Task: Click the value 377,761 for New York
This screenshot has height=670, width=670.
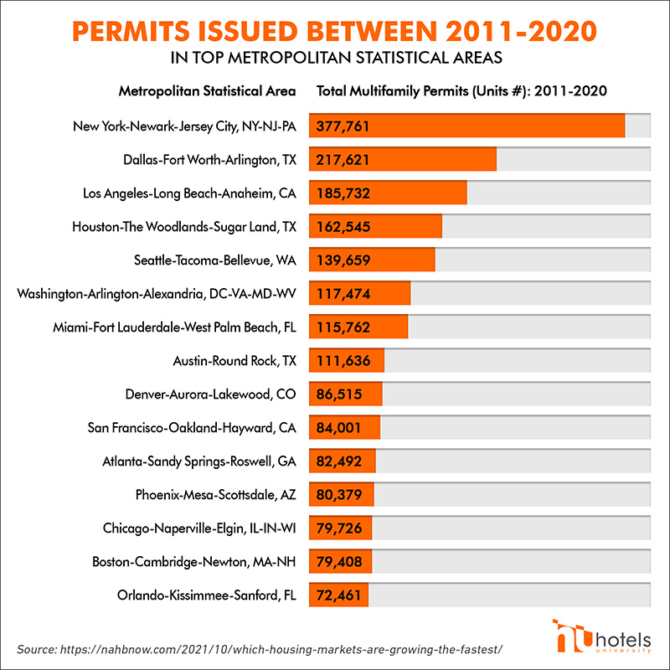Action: tap(344, 126)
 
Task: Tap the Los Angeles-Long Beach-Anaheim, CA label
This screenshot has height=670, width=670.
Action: tap(190, 193)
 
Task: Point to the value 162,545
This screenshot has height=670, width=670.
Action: tap(344, 226)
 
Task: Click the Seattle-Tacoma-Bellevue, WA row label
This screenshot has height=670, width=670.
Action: tap(215, 260)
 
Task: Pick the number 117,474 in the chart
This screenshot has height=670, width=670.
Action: tap(344, 293)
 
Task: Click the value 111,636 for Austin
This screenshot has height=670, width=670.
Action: tap(344, 361)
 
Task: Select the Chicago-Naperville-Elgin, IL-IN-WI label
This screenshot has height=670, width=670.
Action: tap(200, 528)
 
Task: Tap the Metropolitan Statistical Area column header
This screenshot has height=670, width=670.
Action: tap(208, 90)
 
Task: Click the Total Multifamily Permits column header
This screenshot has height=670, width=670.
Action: tap(461, 90)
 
